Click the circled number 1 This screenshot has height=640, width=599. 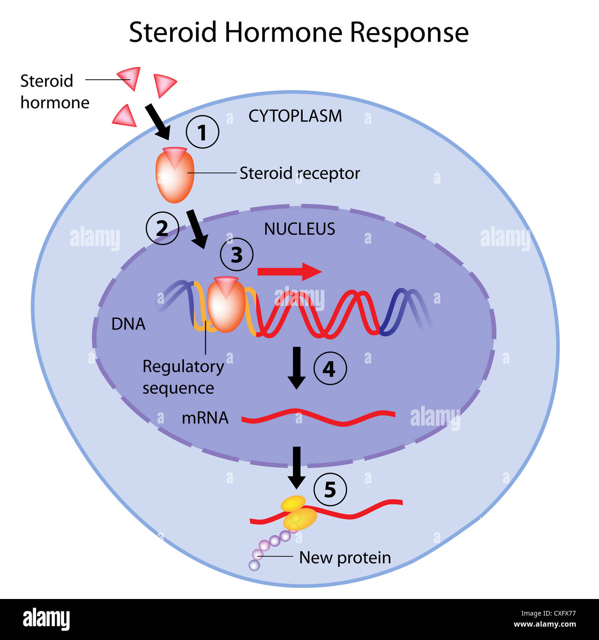[x=202, y=132]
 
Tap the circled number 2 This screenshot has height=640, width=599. [x=162, y=228]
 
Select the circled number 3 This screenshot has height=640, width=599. [x=236, y=255]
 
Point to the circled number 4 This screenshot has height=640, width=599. [x=330, y=369]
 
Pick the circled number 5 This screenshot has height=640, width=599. [x=330, y=489]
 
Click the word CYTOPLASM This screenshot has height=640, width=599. [x=295, y=116]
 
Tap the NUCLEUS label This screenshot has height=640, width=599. [x=299, y=229]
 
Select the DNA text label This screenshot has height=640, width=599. [x=128, y=324]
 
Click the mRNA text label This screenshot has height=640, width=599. [x=205, y=418]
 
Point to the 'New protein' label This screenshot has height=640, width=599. [x=345, y=558]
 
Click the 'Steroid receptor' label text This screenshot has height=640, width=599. [x=299, y=173]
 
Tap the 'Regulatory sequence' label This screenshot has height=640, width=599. [x=182, y=377]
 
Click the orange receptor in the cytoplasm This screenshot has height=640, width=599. [x=174, y=176]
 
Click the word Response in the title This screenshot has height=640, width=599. [x=409, y=33]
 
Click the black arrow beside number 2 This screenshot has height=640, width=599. [x=197, y=229]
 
